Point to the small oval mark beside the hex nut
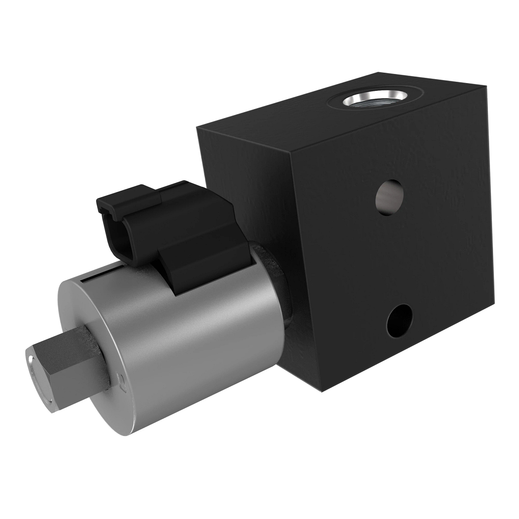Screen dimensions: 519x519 point(122,381)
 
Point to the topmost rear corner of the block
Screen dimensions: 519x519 point(379,72)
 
